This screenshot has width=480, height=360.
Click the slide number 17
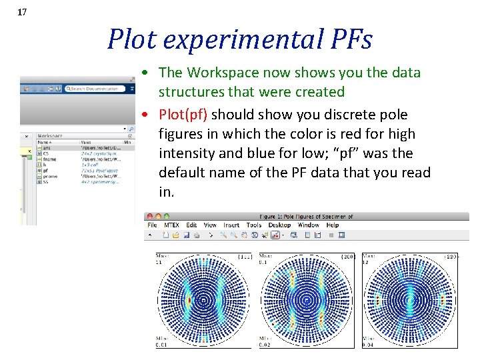[22, 11]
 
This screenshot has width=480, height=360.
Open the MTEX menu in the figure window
[171, 225]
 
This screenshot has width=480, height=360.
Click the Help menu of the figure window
[332, 225]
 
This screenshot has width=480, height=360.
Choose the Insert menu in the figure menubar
[231, 225]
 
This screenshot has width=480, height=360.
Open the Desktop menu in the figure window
[279, 225]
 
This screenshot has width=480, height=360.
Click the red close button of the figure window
[149, 217]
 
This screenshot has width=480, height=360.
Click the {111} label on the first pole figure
[244, 256]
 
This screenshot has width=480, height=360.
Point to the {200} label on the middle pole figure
[347, 256]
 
